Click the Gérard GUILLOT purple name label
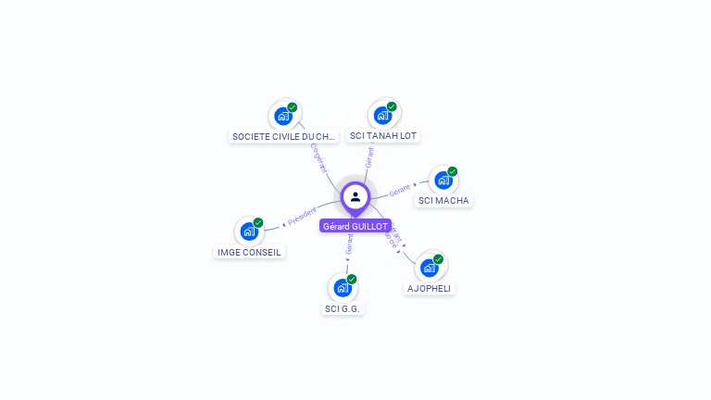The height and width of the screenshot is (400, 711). tap(355, 226)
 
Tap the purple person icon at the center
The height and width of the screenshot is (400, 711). tap(355, 196)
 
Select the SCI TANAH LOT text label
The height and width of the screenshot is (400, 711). tap(383, 136)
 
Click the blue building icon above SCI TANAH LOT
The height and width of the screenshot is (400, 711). tap(382, 117)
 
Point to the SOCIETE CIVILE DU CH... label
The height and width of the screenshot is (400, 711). tap(283, 136)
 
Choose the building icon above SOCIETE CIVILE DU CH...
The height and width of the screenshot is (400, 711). tap(283, 117)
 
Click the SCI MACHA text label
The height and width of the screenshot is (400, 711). tap(443, 200)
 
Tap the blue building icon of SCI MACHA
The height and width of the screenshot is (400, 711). tap(443, 181)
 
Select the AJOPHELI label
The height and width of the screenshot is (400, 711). tap(430, 288)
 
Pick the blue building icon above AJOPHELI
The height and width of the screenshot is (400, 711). tap(430, 269)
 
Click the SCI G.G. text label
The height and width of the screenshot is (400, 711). tap(343, 308)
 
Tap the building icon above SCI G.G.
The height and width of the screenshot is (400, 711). tap(343, 288)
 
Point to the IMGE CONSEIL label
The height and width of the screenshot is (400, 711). tap(249, 252)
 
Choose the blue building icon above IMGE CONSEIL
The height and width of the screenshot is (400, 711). tap(249, 231)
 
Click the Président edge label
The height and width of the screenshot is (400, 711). tap(302, 216)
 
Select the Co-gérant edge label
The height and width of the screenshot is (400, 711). tap(318, 157)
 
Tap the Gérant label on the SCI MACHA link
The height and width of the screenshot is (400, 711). tap(400, 190)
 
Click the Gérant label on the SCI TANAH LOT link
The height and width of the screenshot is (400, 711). tap(369, 156)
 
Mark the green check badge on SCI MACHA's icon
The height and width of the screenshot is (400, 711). tap(453, 171)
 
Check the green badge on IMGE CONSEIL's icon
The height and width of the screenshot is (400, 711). tap(258, 222)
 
